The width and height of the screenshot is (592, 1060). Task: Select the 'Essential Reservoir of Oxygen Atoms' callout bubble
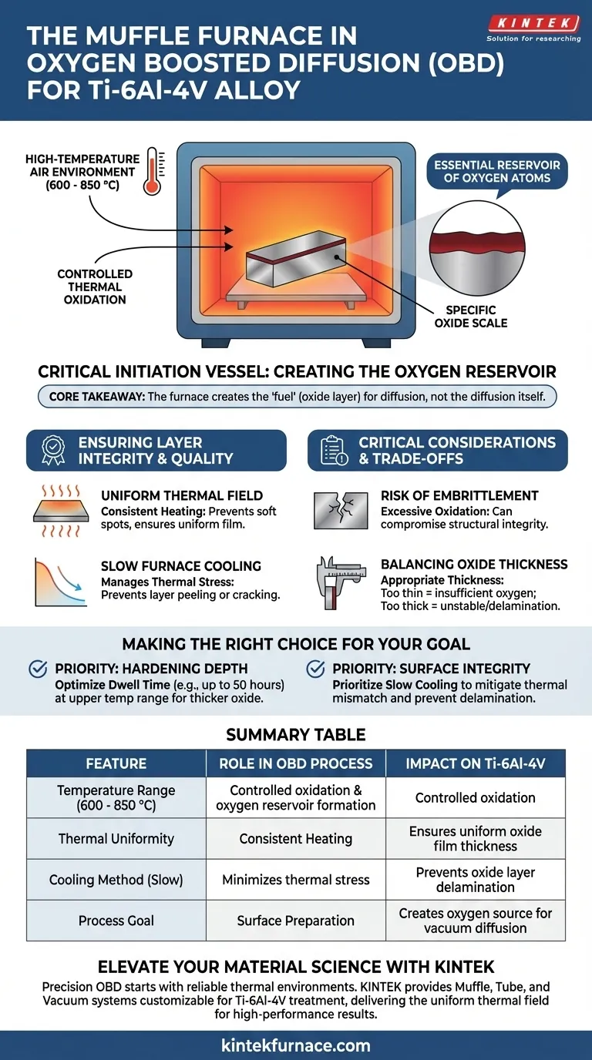coord(496,172)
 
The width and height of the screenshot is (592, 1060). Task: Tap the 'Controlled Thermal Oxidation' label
coord(95,287)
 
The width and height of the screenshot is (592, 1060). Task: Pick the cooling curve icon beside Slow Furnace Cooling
coord(59,582)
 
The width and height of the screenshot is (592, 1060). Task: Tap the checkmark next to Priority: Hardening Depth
coord(39,669)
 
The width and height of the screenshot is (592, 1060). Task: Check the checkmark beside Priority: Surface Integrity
coord(315,669)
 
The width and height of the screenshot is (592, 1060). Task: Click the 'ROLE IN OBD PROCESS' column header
coord(296,763)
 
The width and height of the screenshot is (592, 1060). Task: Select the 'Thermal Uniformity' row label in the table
coord(116,838)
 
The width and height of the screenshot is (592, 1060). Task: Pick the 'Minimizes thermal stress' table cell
coord(296,879)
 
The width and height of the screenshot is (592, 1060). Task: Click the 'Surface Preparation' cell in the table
coord(296,921)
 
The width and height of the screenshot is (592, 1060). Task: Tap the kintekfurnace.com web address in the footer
coord(296,1045)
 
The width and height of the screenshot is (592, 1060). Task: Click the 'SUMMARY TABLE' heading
coord(296,735)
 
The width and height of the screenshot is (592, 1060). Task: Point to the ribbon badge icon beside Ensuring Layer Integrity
coord(52,451)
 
